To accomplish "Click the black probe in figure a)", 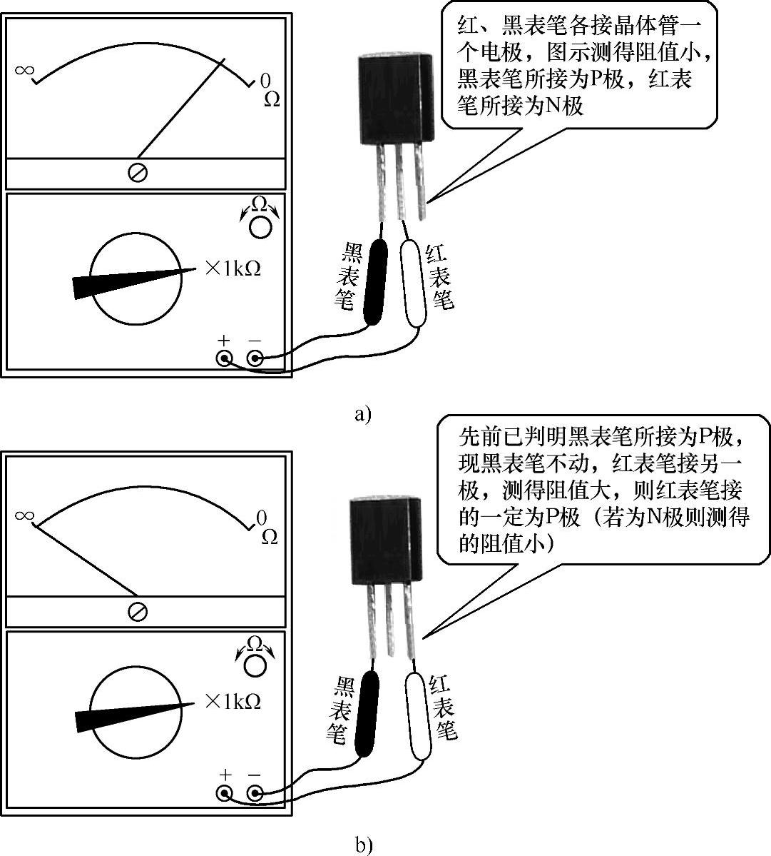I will pos(374,282).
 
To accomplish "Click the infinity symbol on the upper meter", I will pos(24,70).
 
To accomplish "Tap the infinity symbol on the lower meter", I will pos(24,515).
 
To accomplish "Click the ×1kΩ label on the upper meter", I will pos(232,268).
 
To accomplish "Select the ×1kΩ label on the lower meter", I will pos(232,702).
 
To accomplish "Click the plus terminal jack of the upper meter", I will pos(225,358).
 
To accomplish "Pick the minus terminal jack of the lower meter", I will pos(255,793).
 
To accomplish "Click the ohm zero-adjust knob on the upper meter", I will pos(260,226).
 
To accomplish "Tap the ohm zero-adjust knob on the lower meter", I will pos(255,665).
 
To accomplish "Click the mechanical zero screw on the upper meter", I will pos(138,173).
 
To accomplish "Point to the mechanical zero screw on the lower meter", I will pos(138,612).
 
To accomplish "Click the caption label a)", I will pos(363,413).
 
